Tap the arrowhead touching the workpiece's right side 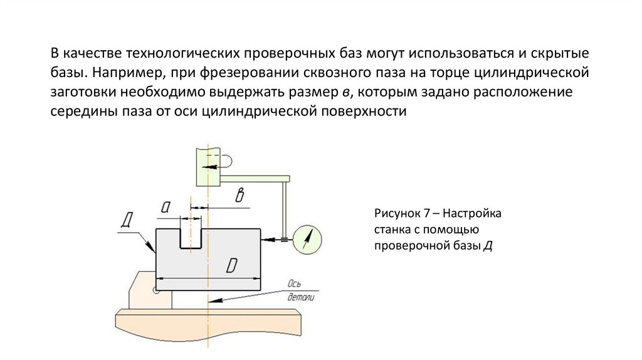click(x=266, y=238)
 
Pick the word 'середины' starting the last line click(x=79, y=112)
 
